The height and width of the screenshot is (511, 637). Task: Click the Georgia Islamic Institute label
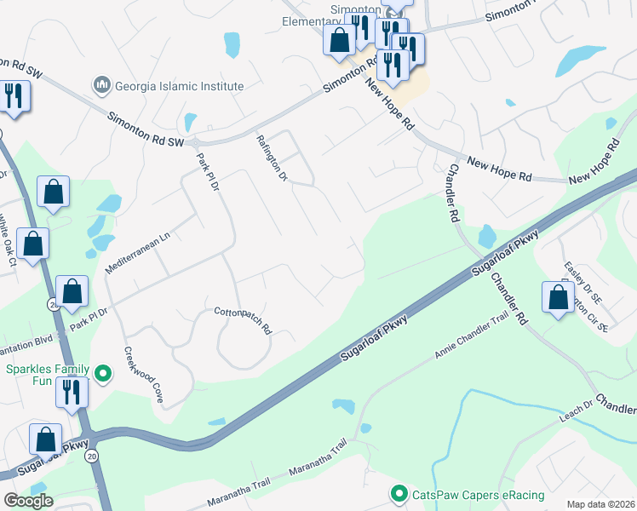[178, 86]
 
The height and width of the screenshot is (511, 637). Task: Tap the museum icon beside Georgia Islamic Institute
[101, 85]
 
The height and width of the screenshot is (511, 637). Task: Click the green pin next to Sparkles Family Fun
[103, 373]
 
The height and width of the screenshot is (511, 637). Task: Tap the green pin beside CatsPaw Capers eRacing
[398, 493]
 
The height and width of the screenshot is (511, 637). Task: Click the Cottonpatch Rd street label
[242, 319]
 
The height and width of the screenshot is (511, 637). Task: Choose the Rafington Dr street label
[272, 158]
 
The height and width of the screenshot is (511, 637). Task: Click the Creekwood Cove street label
[143, 374]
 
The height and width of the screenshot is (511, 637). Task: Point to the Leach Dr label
[576, 408]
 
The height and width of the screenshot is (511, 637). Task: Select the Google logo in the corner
[28, 501]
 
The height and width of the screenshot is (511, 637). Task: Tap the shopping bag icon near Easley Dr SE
[558, 298]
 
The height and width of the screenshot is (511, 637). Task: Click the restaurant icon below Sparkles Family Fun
[72, 392]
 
